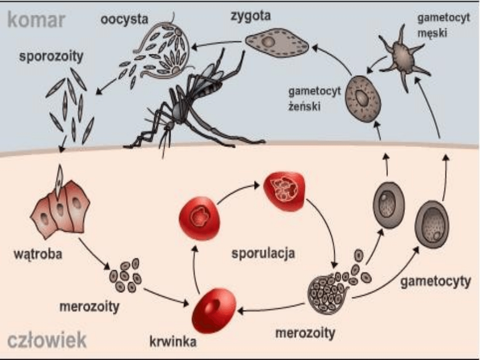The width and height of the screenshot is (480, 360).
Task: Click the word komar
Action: click(x=37, y=20)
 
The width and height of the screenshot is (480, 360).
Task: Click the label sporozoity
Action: click(x=51, y=57)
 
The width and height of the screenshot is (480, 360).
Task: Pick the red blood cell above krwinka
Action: click(x=213, y=309)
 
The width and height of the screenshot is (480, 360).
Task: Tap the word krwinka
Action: click(x=173, y=342)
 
